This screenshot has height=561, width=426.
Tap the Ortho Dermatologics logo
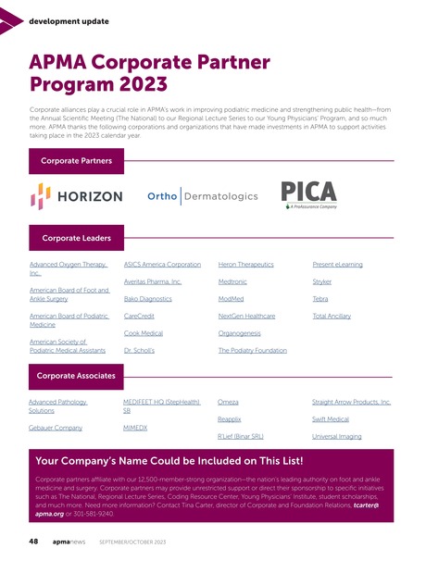[202, 196]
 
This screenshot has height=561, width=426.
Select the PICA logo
[309, 195]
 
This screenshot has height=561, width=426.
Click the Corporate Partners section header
[76, 160]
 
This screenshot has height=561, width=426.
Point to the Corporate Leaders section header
[76, 238]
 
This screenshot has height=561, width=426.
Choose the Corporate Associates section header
[76, 376]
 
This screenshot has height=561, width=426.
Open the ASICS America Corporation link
[162, 264]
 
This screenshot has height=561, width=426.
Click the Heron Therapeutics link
[245, 264]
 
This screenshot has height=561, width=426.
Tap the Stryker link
[322, 281]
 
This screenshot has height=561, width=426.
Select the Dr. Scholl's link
[139, 351]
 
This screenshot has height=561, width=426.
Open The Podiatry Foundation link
[252, 351]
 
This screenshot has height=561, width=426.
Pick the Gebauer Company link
[56, 428]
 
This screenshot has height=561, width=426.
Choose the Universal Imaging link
[337, 436]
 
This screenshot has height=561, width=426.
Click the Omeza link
[228, 403]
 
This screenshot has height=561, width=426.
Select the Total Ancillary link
[332, 316]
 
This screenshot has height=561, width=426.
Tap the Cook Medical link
[144, 333]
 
